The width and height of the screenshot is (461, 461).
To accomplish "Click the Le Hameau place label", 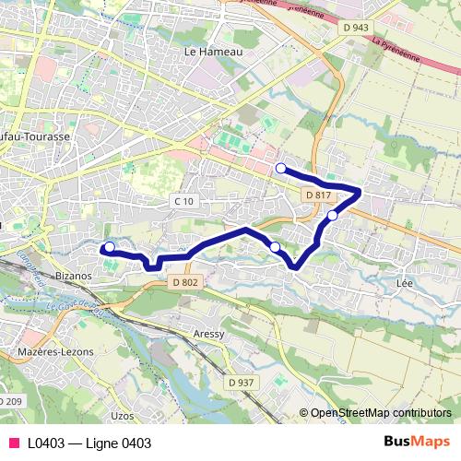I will click(213, 53).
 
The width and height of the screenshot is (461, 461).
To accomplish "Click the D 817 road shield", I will click(316, 195).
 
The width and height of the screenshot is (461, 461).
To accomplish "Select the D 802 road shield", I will click(184, 283).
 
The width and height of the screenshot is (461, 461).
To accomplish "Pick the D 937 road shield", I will click(244, 381).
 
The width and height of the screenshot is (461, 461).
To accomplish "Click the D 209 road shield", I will click(11, 400).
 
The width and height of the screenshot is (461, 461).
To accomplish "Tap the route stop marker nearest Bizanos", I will click(110, 246).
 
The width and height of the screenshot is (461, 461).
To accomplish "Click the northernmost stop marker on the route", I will click(280, 168).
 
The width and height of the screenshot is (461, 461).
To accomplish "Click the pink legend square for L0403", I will click(13, 443).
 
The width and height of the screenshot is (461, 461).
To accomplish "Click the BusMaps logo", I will click(417, 442).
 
